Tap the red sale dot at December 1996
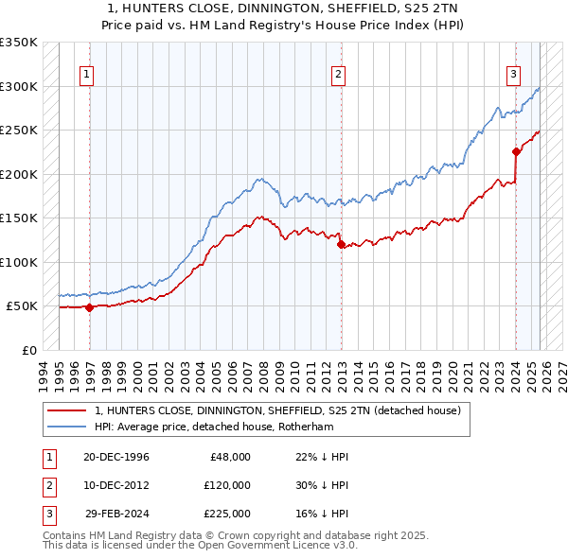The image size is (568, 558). tap(89, 307)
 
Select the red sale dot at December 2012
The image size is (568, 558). tap(341, 244)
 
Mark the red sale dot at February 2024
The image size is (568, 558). tap(516, 151)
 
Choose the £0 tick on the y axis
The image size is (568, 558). tap(28, 350)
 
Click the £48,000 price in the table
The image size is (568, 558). tap(229, 457)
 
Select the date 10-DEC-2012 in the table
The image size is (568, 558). tap(115, 485)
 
